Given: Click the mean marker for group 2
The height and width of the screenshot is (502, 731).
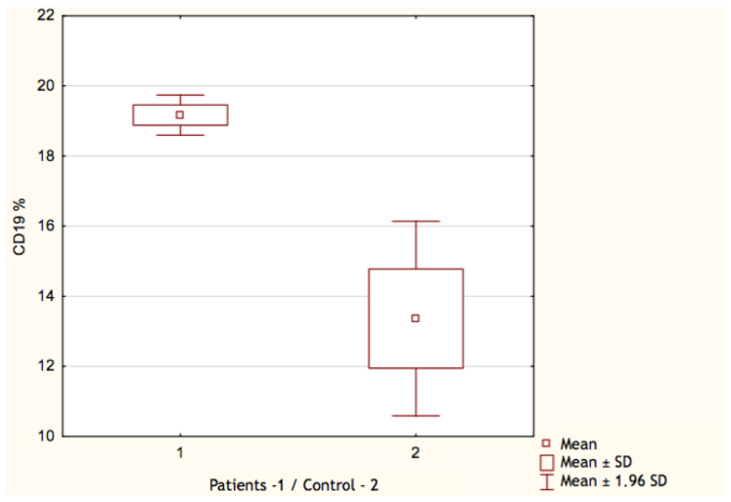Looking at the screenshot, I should pyautogui.click(x=415, y=318).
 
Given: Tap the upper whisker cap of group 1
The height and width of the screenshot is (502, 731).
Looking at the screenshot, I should pyautogui.click(x=180, y=95).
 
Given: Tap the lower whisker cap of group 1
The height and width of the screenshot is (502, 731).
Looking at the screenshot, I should pyautogui.click(x=180, y=135).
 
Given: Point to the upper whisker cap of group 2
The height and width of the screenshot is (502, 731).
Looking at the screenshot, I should pyautogui.click(x=416, y=221).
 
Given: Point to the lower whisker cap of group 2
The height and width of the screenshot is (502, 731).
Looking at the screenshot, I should pyautogui.click(x=416, y=416).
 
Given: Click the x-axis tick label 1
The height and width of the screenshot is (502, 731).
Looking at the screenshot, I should pyautogui.click(x=180, y=453).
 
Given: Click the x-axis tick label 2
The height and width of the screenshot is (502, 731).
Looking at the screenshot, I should pyautogui.click(x=415, y=453).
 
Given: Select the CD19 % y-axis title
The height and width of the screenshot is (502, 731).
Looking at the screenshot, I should pyautogui.click(x=19, y=226).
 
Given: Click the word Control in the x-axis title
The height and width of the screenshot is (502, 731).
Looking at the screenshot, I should pyautogui.click(x=329, y=485).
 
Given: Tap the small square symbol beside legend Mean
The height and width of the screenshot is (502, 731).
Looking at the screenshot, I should pyautogui.click(x=546, y=443).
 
